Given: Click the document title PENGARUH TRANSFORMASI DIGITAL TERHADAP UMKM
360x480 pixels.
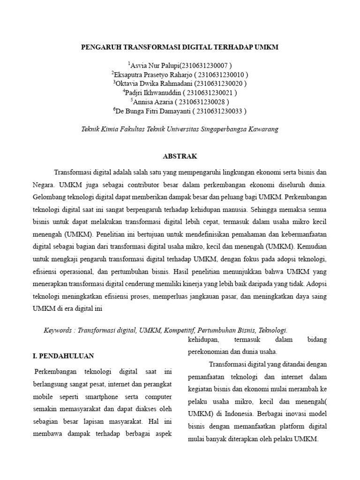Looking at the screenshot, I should (x=180, y=47).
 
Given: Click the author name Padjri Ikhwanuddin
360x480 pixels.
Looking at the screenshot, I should (x=153, y=93).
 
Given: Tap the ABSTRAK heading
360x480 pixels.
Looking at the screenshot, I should (x=180, y=156).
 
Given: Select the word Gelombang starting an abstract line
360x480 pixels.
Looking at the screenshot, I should (x=51, y=194).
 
